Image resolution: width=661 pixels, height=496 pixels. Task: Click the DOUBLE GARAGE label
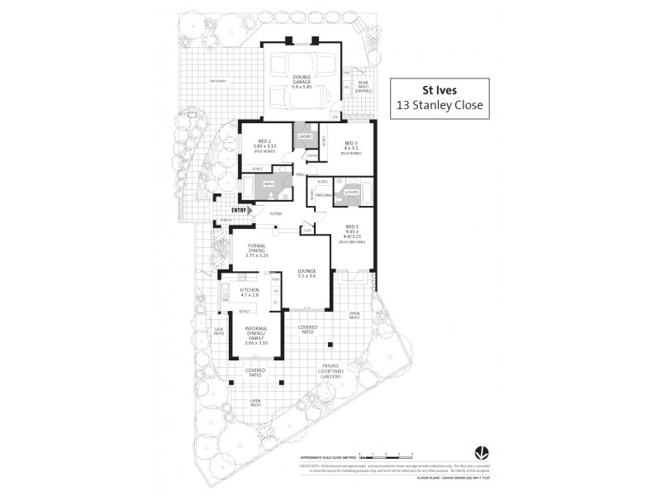[301, 81]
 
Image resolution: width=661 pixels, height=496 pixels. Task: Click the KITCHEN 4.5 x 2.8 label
[250, 292]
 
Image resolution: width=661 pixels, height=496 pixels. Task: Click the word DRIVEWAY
[217, 81]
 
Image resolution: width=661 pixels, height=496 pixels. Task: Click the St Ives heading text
[440, 91]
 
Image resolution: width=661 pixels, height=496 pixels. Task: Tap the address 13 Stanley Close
[440, 106]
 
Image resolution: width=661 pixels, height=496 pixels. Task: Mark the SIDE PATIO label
[219, 331]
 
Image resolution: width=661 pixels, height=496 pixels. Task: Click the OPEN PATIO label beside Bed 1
[354, 315]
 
